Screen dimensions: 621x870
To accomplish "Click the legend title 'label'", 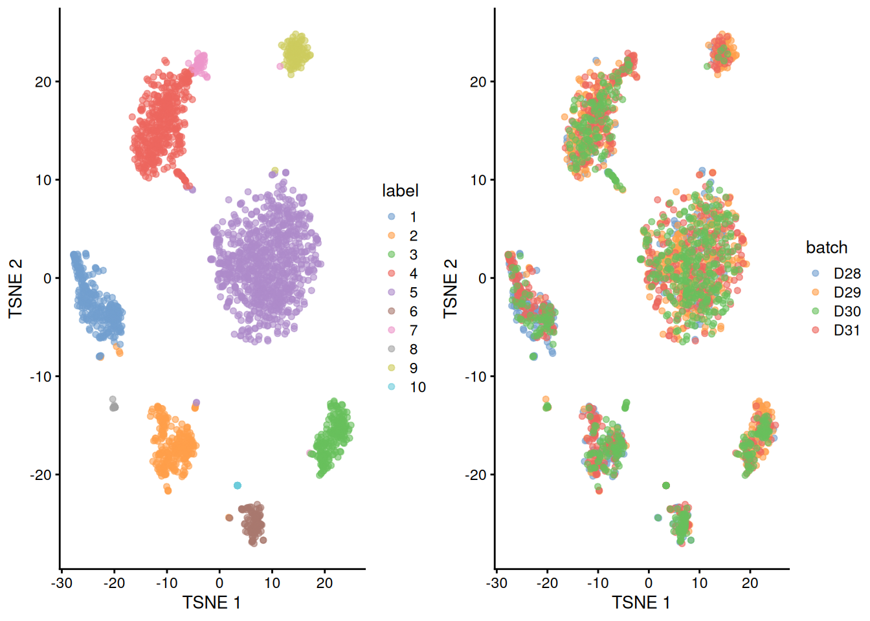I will (x=400, y=191).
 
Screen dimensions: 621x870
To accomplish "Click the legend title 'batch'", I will (x=826, y=248).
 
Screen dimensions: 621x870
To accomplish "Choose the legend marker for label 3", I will (x=392, y=255).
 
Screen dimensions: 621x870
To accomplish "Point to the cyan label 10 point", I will (x=238, y=485).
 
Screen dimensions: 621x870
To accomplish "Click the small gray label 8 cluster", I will (x=114, y=406).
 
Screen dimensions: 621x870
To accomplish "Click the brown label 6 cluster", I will (x=252, y=523).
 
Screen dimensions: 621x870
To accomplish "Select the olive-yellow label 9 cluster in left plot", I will (x=296, y=52).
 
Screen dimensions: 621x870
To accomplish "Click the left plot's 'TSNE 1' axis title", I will (x=212, y=603).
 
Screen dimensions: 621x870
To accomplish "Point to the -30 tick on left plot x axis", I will (x=62, y=583).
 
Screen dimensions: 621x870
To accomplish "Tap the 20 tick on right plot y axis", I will (x=478, y=82).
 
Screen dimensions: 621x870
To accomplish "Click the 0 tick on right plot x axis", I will (x=649, y=583).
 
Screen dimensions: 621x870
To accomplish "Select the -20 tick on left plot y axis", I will (x=40, y=475).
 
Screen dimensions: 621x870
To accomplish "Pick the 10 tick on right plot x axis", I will (x=700, y=583).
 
